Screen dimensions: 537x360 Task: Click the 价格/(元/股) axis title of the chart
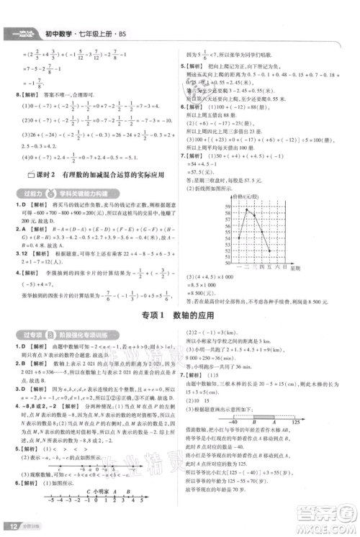pyautogui.click(x=245, y=195)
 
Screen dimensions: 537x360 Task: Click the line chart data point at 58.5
pyautogui.click(x=247, y=209)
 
